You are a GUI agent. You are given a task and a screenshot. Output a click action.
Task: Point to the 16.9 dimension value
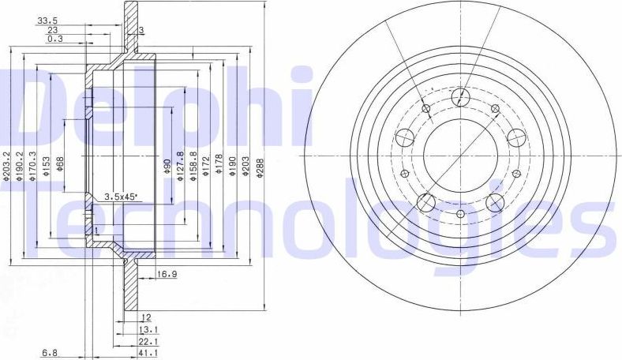[x=166, y=275]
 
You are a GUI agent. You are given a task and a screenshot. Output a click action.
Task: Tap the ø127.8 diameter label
[x=180, y=166]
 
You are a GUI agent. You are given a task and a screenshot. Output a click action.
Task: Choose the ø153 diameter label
[x=47, y=167]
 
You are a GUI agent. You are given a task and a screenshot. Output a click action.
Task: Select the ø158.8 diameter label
[x=193, y=166]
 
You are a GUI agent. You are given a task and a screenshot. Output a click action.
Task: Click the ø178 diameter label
[x=219, y=166]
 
